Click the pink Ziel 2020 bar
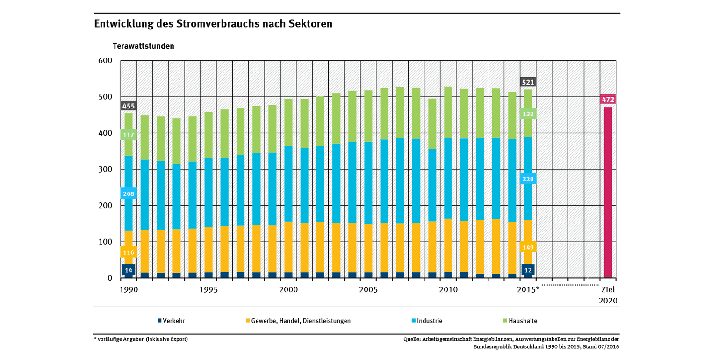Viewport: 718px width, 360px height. [x=608, y=192]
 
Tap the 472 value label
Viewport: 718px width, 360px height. [x=608, y=100]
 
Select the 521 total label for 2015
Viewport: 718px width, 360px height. [x=528, y=82]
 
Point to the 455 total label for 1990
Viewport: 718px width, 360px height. [x=129, y=106]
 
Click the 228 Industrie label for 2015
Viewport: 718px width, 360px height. [x=528, y=179]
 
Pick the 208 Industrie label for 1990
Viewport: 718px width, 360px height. [x=129, y=193]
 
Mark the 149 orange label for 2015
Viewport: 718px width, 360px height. [x=528, y=247]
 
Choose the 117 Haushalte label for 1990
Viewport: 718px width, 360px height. [x=129, y=135]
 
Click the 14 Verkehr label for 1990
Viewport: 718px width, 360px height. [x=129, y=270]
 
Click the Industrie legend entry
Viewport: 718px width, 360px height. [x=427, y=321]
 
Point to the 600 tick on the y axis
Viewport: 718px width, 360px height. [x=106, y=61]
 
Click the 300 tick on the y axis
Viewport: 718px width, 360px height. [x=106, y=169]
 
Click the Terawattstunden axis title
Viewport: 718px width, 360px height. [x=143, y=46]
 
